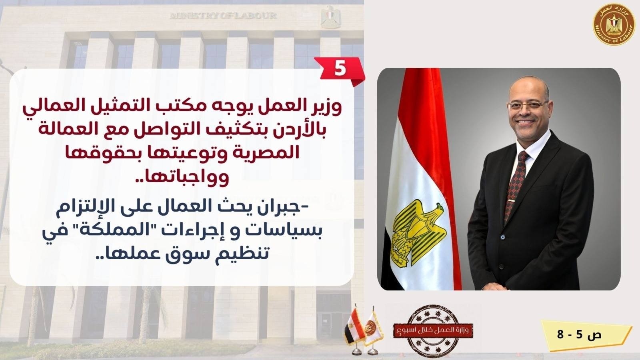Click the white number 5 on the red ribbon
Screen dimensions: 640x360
click(340, 69)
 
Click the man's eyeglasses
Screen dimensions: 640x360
click(528, 106)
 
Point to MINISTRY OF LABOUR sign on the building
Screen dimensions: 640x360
click(223, 16)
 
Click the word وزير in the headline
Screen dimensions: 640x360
click(328, 108)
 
